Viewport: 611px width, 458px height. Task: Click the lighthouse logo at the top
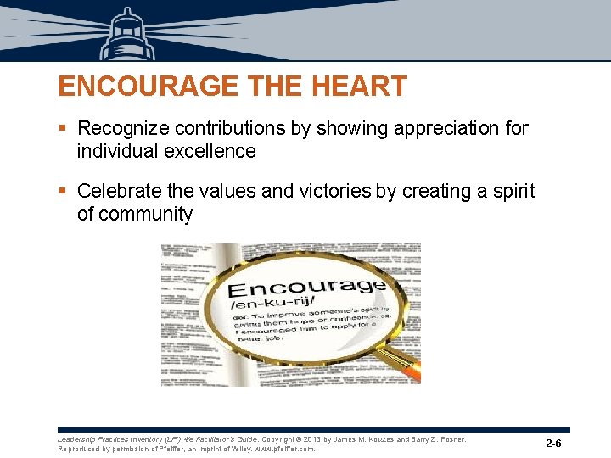pyautogui.click(x=127, y=34)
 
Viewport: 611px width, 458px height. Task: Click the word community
pyautogui.click(x=145, y=214)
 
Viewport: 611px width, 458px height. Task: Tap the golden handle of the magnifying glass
pyautogui.click(x=399, y=356)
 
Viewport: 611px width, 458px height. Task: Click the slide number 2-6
pyautogui.click(x=554, y=444)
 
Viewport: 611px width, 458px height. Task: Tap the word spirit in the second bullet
pyautogui.click(x=513, y=192)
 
